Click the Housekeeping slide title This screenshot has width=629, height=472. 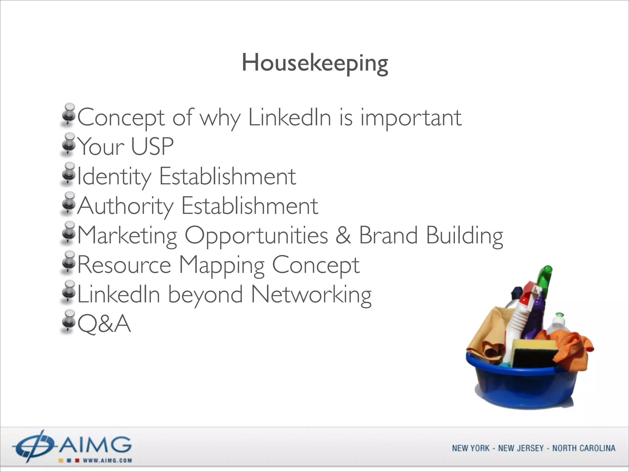(315, 63)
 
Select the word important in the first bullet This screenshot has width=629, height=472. (411, 118)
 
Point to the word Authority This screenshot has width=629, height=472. (125, 206)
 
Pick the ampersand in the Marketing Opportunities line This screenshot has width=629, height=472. (343, 235)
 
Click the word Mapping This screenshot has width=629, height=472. (221, 265)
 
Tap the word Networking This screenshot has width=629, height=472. (311, 294)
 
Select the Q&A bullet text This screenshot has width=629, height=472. (104, 324)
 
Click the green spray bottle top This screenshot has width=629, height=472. (545, 277)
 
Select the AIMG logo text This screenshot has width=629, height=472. (95, 445)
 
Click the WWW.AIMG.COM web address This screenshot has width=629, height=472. (107, 461)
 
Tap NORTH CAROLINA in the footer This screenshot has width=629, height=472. (584, 448)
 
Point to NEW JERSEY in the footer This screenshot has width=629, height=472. (521, 448)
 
